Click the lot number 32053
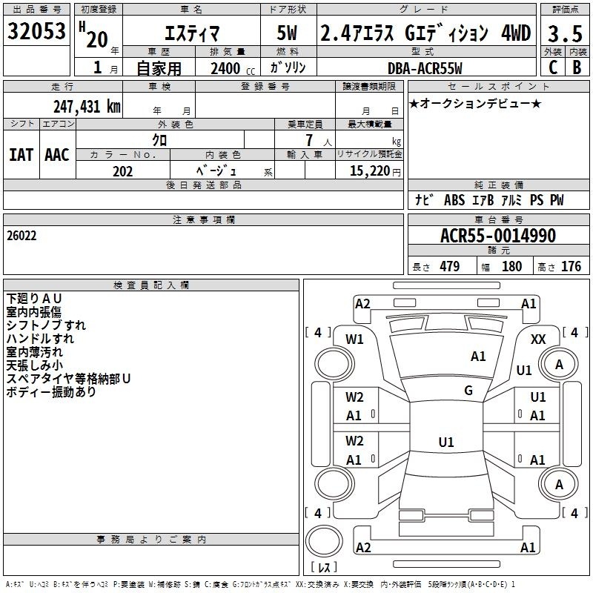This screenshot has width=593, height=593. pyautogui.click(x=36, y=31)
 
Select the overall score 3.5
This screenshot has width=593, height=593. pyautogui.click(x=565, y=33)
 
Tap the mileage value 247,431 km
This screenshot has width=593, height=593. pyautogui.click(x=87, y=107)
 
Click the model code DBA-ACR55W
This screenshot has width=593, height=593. pyautogui.click(x=425, y=68)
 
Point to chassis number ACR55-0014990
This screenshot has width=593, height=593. pyautogui.click(x=498, y=236)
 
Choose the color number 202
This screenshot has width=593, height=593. pyautogui.click(x=122, y=171)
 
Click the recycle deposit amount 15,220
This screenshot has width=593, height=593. pyautogui.click(x=369, y=171)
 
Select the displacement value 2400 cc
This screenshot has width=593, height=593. pyautogui.click(x=233, y=68)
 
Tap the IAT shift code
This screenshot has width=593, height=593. pyautogui.click(x=21, y=155)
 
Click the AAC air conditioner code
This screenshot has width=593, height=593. pyautogui.click(x=57, y=155)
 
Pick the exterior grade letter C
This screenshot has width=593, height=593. pyautogui.click(x=553, y=67)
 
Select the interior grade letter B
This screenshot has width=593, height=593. pyautogui.click(x=577, y=67)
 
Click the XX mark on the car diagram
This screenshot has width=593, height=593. pyautogui.click(x=538, y=339)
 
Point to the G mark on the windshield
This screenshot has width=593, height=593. pyautogui.click(x=468, y=391)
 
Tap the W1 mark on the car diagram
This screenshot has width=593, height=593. pyautogui.click(x=354, y=339)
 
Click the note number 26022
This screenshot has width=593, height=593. pyautogui.click(x=21, y=236)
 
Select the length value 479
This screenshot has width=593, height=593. pyautogui.click(x=450, y=266)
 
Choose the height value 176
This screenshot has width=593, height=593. pyautogui.click(x=571, y=266)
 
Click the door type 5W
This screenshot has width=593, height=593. pyautogui.click(x=287, y=33)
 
